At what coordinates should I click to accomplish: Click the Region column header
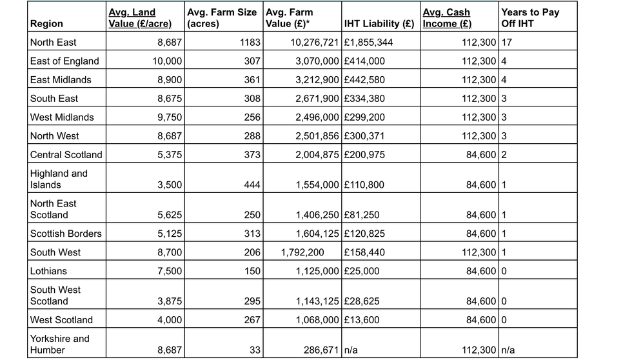coord(46,24)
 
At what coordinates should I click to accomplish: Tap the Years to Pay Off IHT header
coord(529,18)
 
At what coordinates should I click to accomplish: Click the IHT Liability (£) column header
coord(379,24)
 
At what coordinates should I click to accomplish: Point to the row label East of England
coord(64,61)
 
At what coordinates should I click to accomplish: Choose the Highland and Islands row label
coord(59,179)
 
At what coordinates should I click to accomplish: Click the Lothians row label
coord(48,271)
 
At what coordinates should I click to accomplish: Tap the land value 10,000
coord(167,61)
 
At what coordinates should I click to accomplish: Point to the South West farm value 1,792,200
coord(302,252)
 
